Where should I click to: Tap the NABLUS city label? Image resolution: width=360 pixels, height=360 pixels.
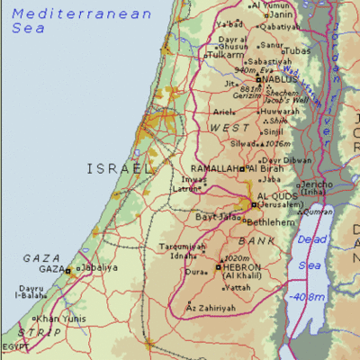point(280,79)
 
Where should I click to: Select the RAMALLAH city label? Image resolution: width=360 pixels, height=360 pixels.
point(214,168)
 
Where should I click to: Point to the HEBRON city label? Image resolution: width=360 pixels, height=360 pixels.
point(243,267)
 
